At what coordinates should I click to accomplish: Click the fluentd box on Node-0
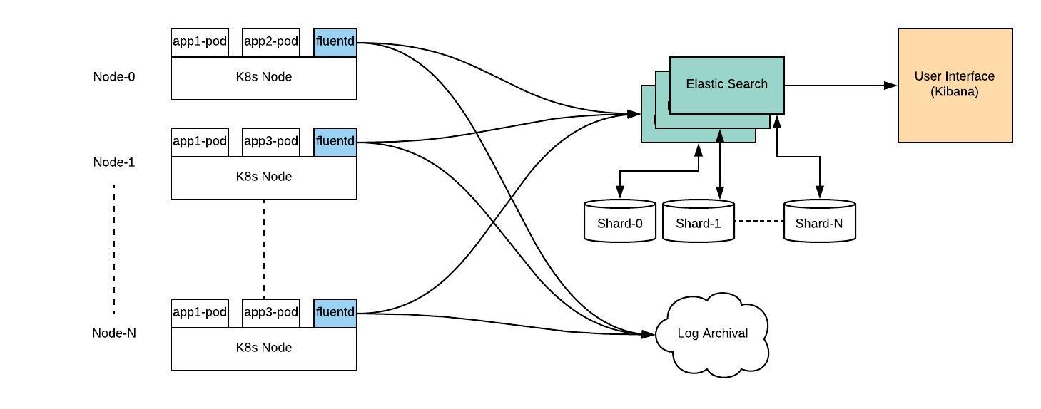[335, 42]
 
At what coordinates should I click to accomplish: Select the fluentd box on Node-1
[335, 142]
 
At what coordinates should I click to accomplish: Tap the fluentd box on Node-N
[335, 313]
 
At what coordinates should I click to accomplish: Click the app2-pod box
[271, 42]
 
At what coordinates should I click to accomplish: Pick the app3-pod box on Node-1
[271, 142]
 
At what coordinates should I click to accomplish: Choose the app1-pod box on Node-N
[200, 313]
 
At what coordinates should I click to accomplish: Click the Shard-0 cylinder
[620, 221]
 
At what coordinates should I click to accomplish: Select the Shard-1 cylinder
[699, 221]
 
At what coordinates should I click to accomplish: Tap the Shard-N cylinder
[820, 221]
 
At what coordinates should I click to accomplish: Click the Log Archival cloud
[712, 333]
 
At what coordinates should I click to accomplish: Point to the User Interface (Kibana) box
[955, 86]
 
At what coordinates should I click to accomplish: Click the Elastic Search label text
[727, 84]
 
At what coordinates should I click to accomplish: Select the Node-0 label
[114, 77]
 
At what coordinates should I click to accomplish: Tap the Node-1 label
[114, 162]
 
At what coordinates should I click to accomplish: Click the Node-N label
[114, 333]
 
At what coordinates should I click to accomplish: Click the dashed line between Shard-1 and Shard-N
[759, 221]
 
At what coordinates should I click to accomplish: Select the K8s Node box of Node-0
[264, 78]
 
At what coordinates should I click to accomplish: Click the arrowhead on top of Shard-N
[820, 192]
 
